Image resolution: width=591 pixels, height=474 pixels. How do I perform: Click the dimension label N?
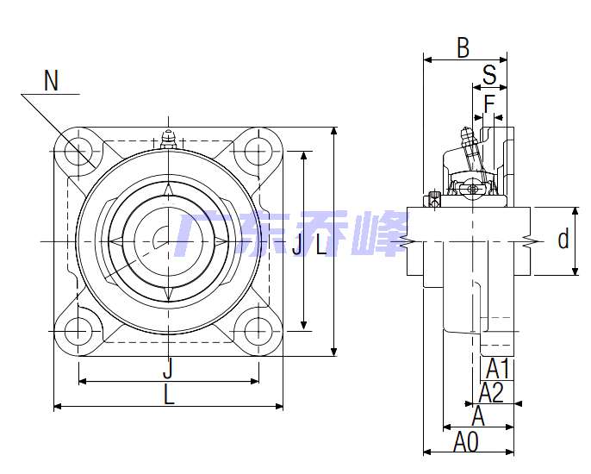tap(52, 80)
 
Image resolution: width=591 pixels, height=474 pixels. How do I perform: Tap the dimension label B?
tap(463, 48)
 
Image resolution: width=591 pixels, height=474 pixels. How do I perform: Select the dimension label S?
tap(489, 74)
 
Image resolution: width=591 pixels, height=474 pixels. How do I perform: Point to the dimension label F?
tap(489, 103)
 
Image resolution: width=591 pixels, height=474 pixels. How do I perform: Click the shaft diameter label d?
tap(563, 239)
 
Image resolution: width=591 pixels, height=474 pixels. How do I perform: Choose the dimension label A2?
tap(491, 392)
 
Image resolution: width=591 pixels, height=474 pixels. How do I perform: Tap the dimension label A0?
tap(466, 441)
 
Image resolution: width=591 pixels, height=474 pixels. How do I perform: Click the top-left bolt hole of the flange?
tap(78, 152)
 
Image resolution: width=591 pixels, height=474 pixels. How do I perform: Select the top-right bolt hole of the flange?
tap(258, 152)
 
